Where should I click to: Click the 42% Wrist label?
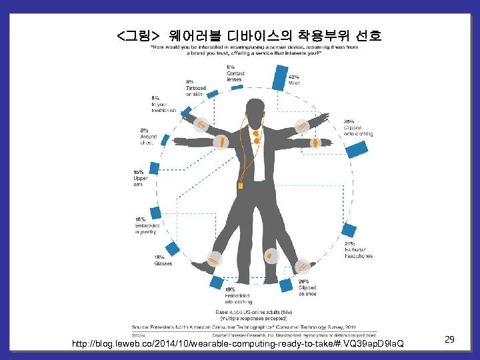(x=294, y=79)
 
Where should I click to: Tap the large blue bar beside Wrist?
(x=280, y=77)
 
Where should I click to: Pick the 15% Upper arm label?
(x=141, y=178)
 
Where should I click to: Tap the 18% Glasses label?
(x=163, y=261)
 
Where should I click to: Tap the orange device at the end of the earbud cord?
(x=245, y=177)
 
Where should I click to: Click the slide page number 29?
(x=449, y=340)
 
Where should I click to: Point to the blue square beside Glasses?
(x=173, y=249)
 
